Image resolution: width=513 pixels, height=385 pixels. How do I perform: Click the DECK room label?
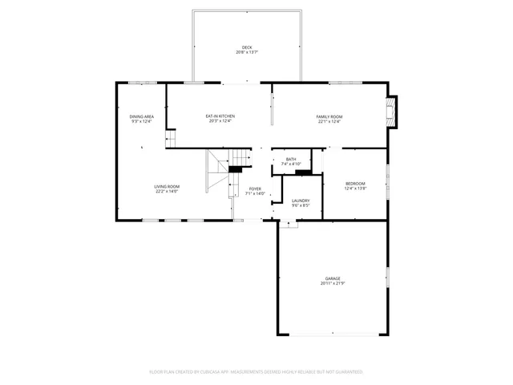[247, 47]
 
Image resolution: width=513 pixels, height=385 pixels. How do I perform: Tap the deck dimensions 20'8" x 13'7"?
[247, 53]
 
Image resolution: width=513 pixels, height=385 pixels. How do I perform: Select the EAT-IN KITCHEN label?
[220, 116]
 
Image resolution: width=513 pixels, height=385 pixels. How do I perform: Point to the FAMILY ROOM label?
[329, 116]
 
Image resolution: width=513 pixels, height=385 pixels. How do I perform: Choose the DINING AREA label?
[142, 116]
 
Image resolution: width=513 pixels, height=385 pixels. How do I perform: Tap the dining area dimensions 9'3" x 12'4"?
[142, 122]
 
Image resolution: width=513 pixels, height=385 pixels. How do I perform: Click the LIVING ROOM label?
[167, 186]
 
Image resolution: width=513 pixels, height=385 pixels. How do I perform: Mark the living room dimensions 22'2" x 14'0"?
[167, 192]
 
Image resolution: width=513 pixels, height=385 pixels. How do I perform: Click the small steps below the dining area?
[170, 140]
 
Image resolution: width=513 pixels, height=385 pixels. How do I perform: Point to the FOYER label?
[254, 188]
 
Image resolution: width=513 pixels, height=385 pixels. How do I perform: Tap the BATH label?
[291, 159]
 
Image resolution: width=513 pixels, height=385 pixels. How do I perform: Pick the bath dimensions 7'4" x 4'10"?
[291, 164]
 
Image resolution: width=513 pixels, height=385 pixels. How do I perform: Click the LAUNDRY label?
[301, 201]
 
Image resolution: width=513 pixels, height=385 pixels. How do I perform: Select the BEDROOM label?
[355, 183]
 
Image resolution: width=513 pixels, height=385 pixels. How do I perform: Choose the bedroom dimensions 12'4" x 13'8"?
[355, 188]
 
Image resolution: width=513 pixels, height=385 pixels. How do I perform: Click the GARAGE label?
[332, 278]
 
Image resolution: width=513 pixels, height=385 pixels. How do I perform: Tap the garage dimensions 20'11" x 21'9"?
[332, 284]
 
